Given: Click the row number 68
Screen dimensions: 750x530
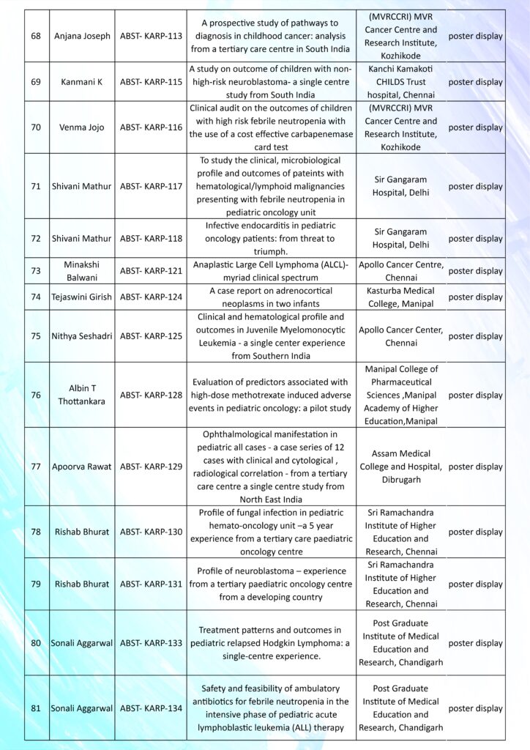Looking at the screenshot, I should click(36, 37).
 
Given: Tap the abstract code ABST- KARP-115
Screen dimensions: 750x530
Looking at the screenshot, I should click(151, 82).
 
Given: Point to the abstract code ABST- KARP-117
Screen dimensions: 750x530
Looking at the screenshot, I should click(151, 186).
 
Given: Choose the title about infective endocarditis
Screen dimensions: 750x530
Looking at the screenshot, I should click(269, 238).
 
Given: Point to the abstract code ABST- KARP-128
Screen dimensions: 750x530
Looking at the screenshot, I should click(151, 395).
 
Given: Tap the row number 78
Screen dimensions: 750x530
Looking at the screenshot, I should click(36, 532).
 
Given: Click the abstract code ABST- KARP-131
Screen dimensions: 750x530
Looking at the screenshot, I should click(151, 584).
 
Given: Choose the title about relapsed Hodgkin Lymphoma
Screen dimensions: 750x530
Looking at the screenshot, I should click(269, 643).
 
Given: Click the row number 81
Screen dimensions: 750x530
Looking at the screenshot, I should click(36, 708).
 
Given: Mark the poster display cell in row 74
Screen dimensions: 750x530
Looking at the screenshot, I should click(475, 297).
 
